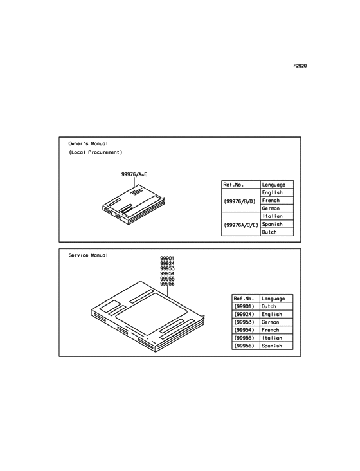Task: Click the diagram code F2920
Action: (x=300, y=66)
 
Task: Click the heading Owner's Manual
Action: (x=88, y=143)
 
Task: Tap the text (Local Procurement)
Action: (x=96, y=152)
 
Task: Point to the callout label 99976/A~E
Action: (x=134, y=174)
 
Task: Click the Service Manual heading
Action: (x=88, y=255)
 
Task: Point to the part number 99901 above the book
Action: (x=167, y=258)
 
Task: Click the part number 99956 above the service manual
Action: (x=167, y=284)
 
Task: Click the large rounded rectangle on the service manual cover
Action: (x=152, y=314)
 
